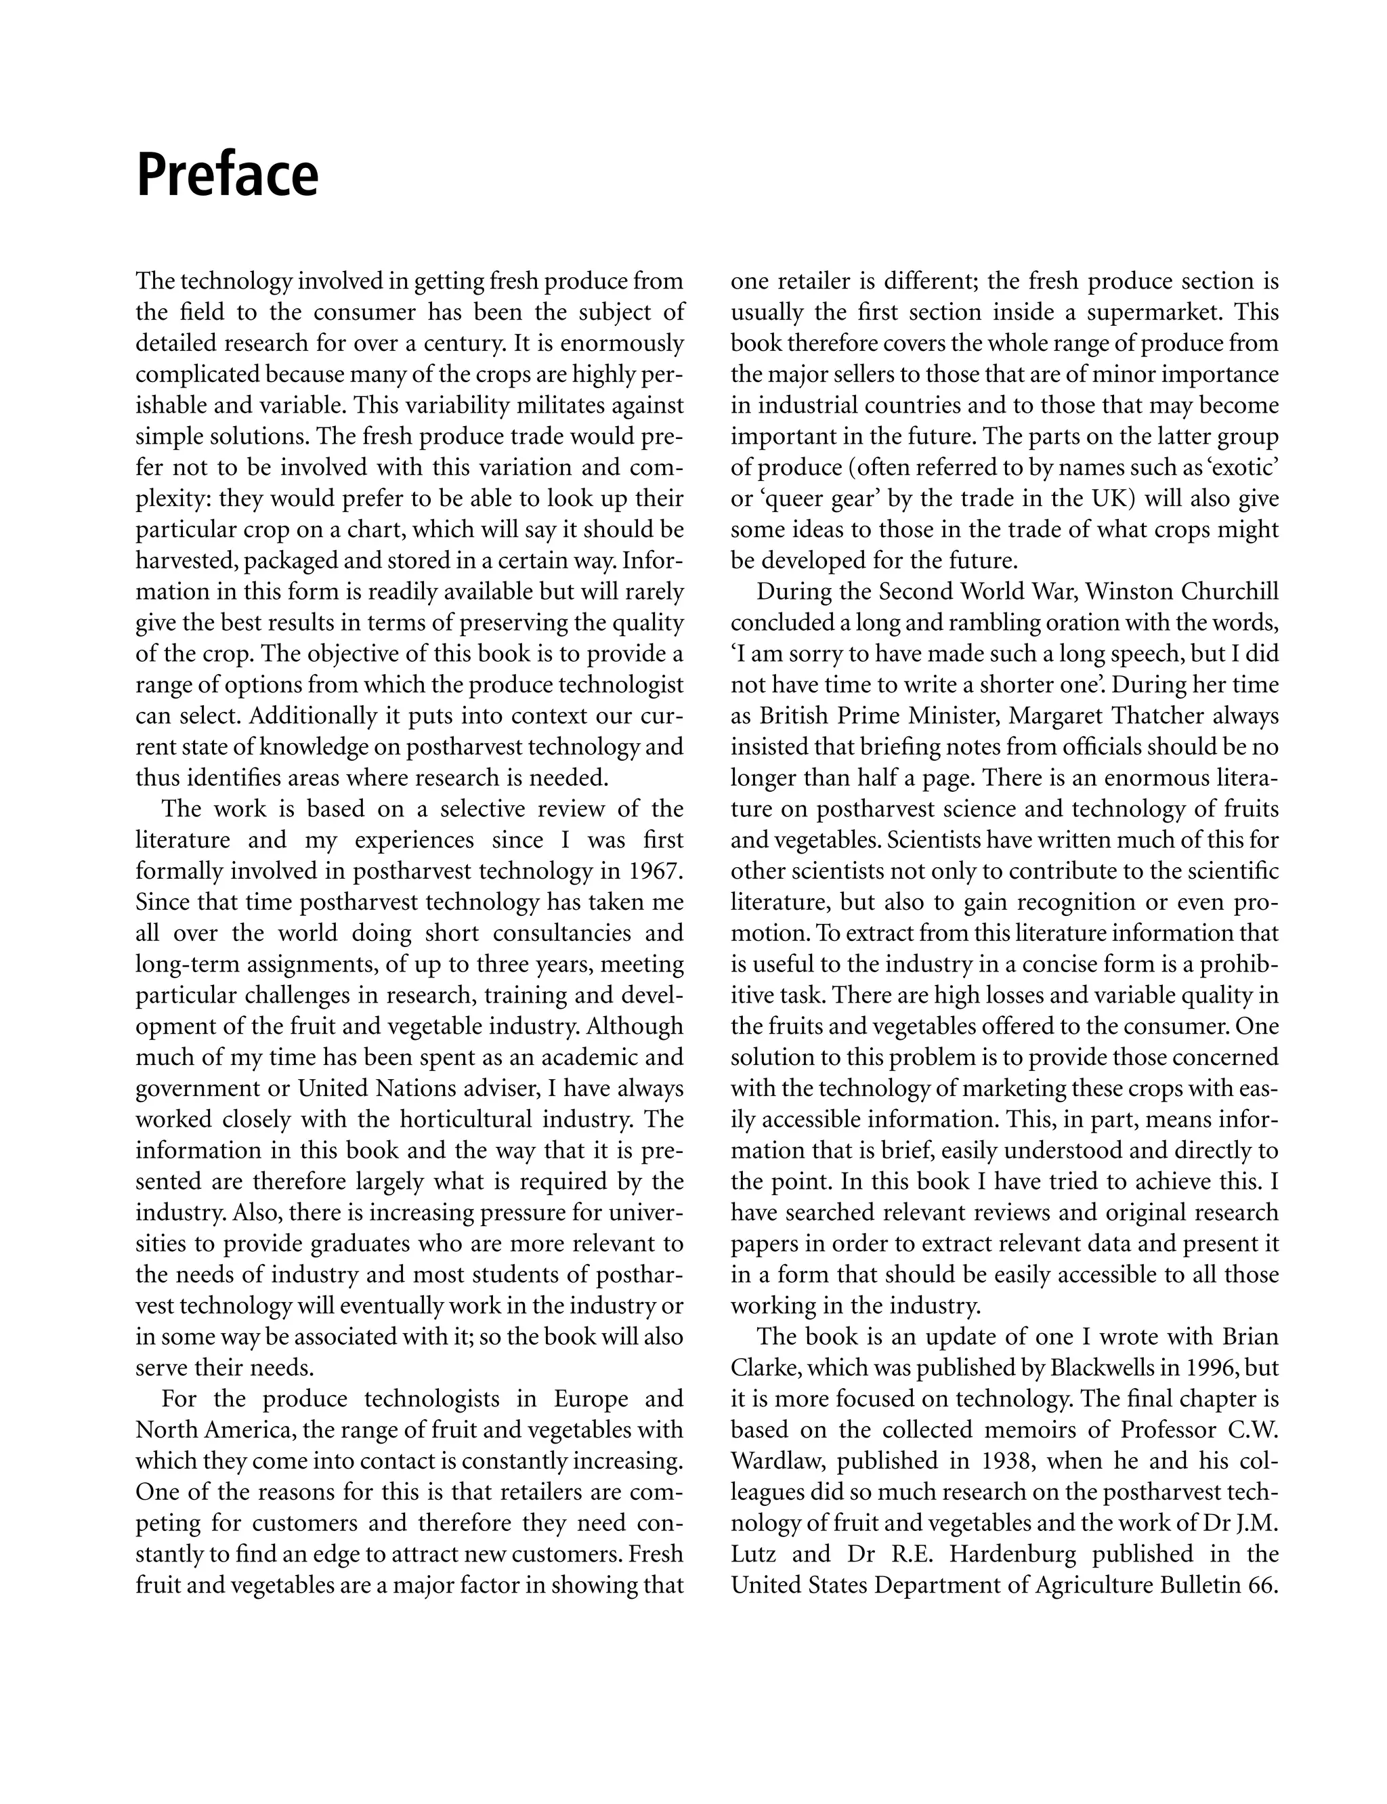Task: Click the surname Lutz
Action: tap(753, 1554)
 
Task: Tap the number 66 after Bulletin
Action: tap(1263, 1585)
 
